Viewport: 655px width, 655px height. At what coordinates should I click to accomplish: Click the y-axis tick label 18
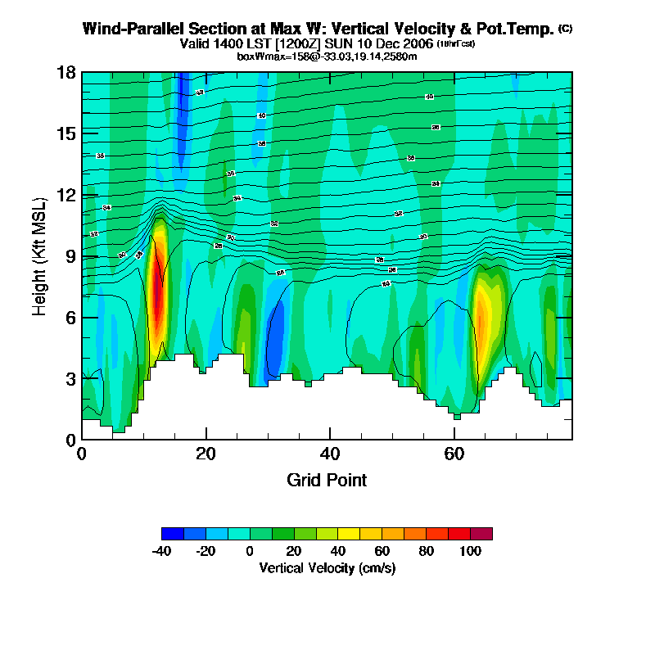pos(67,72)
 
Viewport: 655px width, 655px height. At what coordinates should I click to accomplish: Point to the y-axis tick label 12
pos(67,195)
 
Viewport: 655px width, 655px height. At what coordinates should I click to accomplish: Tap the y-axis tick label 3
pos(71,378)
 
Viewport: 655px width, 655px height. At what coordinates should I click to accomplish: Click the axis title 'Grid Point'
pos(327,480)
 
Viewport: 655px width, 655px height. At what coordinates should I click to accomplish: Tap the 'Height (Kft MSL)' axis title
pos(38,256)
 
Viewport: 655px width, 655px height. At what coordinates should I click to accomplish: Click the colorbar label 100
pos(469,551)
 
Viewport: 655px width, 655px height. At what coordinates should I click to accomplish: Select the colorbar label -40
pos(161,551)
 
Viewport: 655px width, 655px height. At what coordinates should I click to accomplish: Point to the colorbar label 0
pos(250,551)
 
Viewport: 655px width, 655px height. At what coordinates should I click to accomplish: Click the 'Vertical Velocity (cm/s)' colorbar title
pos(327,567)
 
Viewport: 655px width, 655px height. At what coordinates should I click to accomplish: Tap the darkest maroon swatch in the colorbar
pos(481,534)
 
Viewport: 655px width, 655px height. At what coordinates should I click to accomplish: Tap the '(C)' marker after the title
pos(565,29)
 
